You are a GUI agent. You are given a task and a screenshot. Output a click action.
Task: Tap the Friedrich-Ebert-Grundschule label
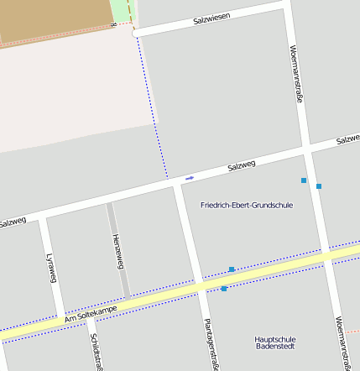(247, 205)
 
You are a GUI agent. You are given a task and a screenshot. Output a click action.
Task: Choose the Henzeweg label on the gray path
(117, 251)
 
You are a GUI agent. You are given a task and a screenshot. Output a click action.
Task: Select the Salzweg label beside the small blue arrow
(241, 167)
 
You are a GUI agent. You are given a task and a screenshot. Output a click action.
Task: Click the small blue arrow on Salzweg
(190, 178)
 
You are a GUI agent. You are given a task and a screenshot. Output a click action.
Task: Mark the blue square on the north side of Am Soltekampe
(232, 269)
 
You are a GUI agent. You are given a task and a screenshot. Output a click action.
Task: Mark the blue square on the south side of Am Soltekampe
(224, 289)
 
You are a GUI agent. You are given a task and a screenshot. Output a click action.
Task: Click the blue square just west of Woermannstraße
(304, 180)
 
